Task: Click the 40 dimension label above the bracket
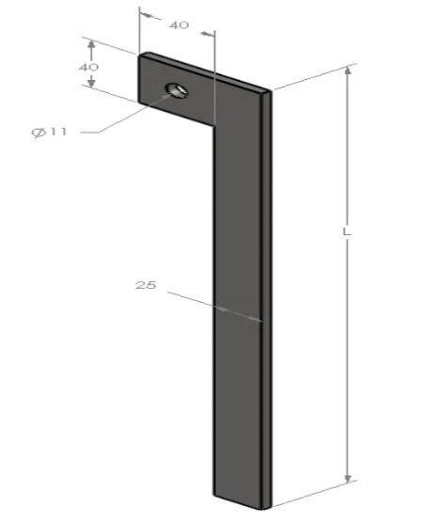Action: coord(179,25)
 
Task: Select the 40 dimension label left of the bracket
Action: coord(88,67)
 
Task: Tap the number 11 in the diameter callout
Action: coord(58,132)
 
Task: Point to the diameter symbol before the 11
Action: coord(39,132)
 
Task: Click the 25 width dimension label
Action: coord(146,285)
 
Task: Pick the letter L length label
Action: coord(347,231)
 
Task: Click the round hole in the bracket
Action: coord(177,90)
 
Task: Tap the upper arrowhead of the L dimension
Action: coord(348,71)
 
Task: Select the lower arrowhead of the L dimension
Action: coord(348,477)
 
